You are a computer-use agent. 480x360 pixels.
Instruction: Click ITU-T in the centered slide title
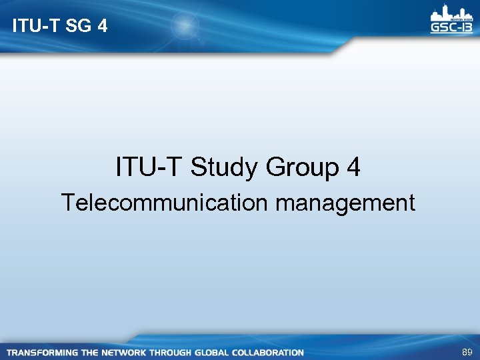[x=150, y=167]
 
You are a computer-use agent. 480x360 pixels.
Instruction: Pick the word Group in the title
[x=303, y=167]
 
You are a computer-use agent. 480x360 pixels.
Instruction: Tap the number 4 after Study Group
[x=353, y=167]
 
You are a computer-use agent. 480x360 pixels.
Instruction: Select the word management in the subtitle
[x=345, y=202]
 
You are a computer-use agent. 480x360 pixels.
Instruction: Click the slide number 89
[x=466, y=351]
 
